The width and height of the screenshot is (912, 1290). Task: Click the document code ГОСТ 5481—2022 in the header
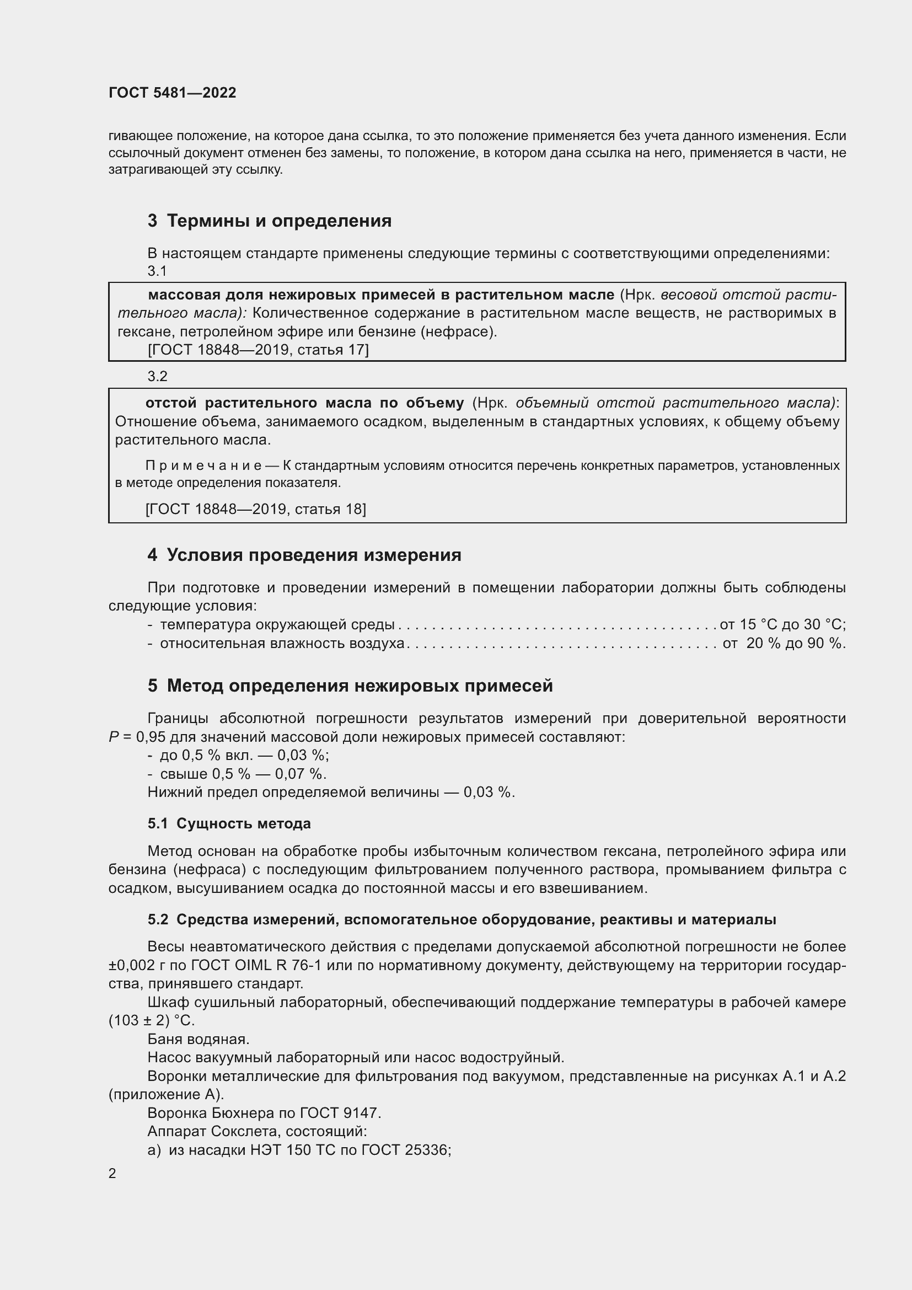pyautogui.click(x=173, y=93)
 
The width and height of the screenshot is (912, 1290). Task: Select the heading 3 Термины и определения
pyautogui.click(x=270, y=221)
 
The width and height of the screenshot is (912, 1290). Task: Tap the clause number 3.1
pyautogui.click(x=157, y=271)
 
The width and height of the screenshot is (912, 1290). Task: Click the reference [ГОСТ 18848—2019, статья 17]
pyautogui.click(x=257, y=350)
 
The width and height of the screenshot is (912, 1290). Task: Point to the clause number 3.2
pyautogui.click(x=157, y=377)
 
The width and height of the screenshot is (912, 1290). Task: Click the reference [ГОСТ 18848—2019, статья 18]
pyautogui.click(x=255, y=509)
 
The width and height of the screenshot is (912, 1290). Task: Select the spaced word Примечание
pyautogui.click(x=203, y=465)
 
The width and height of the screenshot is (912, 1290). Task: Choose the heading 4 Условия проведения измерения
pyautogui.click(x=304, y=555)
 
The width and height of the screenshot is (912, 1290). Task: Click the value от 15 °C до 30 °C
pyautogui.click(x=782, y=624)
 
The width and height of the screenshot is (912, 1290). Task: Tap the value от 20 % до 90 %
pyautogui.click(x=784, y=643)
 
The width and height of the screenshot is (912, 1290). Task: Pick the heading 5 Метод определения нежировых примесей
pyautogui.click(x=351, y=686)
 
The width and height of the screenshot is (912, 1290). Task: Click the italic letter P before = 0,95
pyautogui.click(x=114, y=737)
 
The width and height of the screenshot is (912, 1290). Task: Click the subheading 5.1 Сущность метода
pyautogui.click(x=229, y=823)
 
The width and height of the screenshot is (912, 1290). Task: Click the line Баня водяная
pyautogui.click(x=199, y=1039)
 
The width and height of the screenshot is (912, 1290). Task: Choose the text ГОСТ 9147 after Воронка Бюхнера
pyautogui.click(x=340, y=1113)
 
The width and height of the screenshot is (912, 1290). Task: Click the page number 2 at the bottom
pyautogui.click(x=112, y=1174)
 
